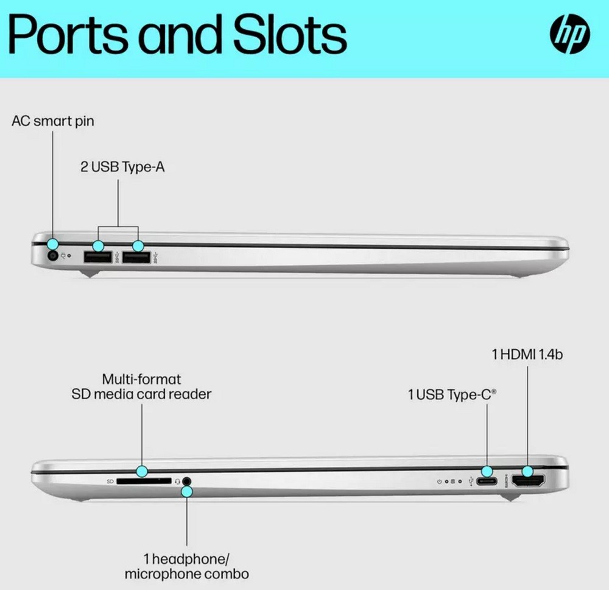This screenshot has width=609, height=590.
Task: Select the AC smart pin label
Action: point(53,121)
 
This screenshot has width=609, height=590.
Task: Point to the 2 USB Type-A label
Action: point(122,167)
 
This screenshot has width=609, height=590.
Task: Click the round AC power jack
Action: point(52,257)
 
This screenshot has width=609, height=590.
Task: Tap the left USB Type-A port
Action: point(97,258)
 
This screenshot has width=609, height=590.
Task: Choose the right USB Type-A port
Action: point(136,258)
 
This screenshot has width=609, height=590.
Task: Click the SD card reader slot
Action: point(144,481)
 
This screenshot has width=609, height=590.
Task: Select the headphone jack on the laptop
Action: point(187,482)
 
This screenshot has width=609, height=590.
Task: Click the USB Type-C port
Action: point(487,482)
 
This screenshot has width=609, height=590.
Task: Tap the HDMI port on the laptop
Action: point(527,482)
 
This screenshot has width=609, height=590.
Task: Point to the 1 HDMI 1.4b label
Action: point(527,354)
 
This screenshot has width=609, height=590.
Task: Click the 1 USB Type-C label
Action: point(452,395)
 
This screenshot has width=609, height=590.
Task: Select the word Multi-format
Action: point(141,379)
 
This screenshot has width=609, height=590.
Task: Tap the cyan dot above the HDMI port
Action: point(527,471)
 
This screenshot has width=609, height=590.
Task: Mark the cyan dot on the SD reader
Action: point(142,471)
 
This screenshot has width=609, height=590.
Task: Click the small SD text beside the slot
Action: point(110,482)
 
